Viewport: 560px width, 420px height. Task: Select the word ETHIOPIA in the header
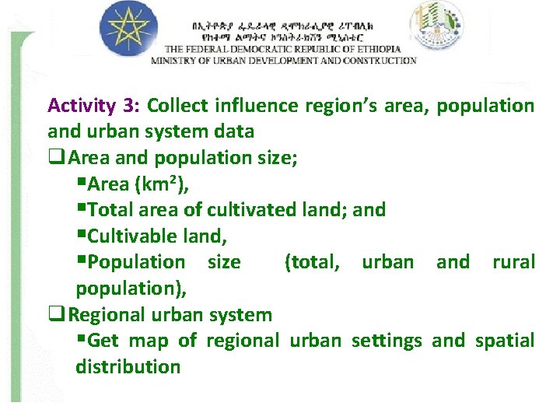(377, 48)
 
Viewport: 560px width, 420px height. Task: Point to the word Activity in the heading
(81, 105)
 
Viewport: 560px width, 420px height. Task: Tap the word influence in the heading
(250, 105)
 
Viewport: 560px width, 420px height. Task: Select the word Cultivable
(131, 236)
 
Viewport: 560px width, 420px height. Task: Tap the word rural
(513, 262)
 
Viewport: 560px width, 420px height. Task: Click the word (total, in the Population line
(313, 262)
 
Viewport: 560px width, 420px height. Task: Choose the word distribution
(128, 366)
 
